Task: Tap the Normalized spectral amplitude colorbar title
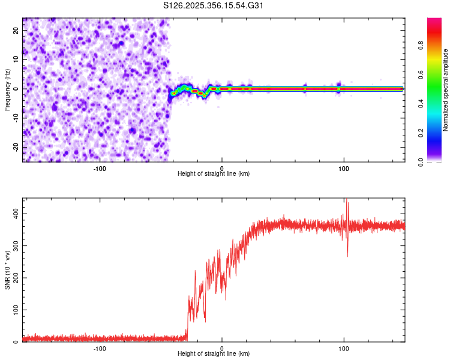pyautogui.click(x=446, y=90)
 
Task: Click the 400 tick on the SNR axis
pyautogui.click(x=13, y=214)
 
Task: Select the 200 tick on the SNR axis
pyautogui.click(x=13, y=278)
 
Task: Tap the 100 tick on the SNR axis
pyautogui.click(x=13, y=310)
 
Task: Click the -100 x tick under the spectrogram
pyautogui.click(x=100, y=168)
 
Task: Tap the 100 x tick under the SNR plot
pyautogui.click(x=344, y=349)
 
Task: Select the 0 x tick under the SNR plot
pyautogui.click(x=222, y=349)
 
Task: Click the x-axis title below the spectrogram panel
pyautogui.click(x=214, y=174)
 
